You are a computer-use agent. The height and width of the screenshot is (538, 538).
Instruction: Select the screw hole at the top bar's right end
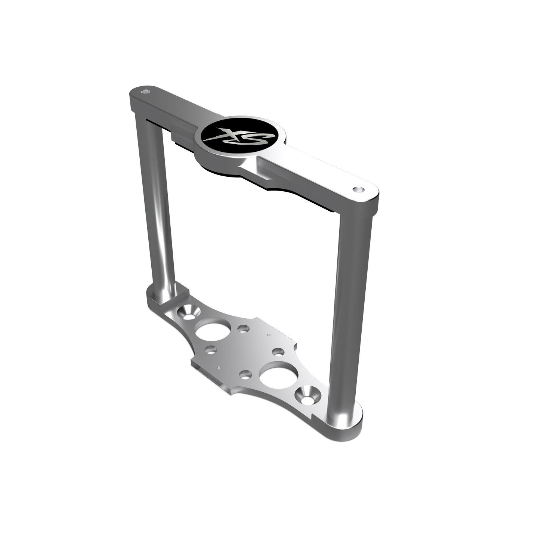[x=358, y=189]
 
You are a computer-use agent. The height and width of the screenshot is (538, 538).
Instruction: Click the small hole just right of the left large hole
[x=243, y=329]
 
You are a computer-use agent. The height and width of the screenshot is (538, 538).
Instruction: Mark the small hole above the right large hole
[x=278, y=352]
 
